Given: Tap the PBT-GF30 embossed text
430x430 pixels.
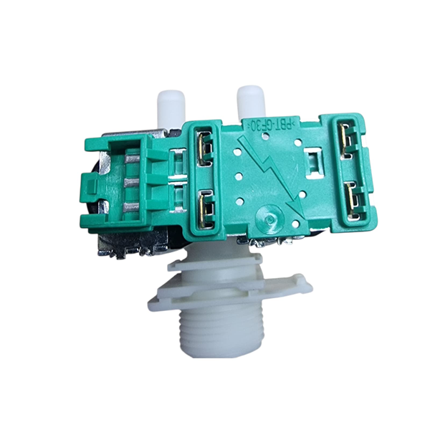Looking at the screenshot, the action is click(x=270, y=125).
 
